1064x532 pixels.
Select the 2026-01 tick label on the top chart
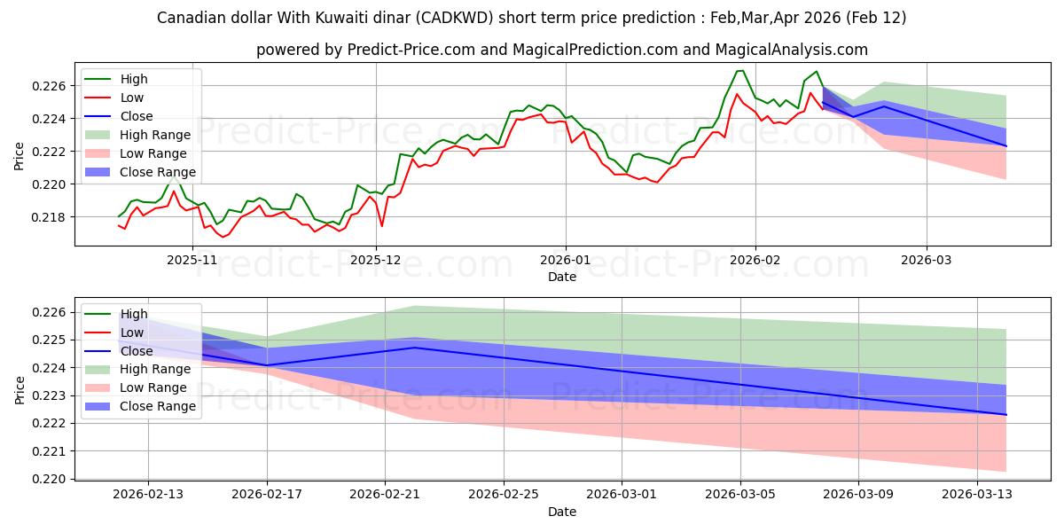click(x=565, y=260)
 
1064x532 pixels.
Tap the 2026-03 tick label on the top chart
click(x=927, y=260)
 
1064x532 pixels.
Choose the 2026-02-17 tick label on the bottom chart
click(x=267, y=495)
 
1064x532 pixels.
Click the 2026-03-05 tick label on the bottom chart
click(x=740, y=495)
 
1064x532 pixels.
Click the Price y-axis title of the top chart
click(x=20, y=156)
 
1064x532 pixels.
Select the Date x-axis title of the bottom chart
click(x=562, y=512)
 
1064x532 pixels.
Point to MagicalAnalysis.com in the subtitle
click(x=786, y=50)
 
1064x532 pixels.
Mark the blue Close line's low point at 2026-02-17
click(x=267, y=365)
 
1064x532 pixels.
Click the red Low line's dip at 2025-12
click(x=382, y=226)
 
